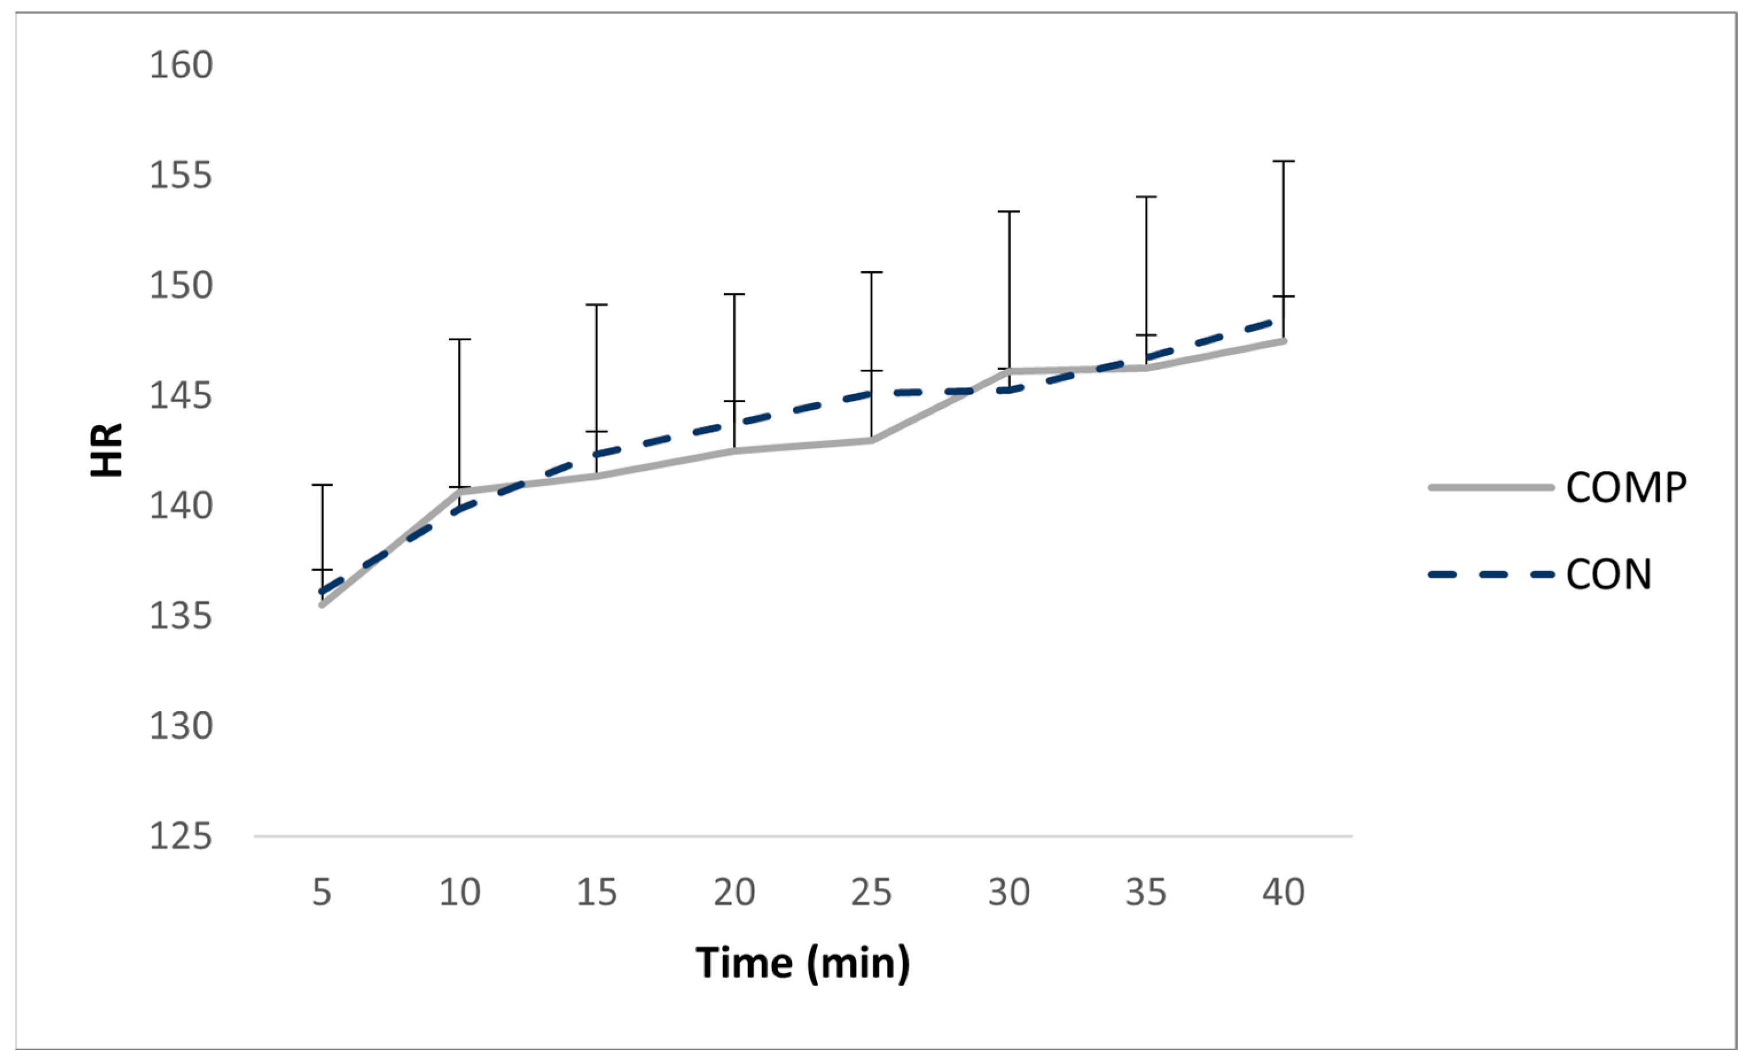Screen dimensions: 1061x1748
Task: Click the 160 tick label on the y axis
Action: [x=181, y=65]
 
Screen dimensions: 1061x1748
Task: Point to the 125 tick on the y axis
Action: [x=181, y=836]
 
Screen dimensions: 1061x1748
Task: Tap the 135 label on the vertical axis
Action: [x=181, y=615]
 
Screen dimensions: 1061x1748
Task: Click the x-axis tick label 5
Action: [x=322, y=892]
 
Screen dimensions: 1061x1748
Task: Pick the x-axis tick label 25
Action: [x=871, y=892]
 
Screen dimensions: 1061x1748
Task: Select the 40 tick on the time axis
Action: [x=1283, y=892]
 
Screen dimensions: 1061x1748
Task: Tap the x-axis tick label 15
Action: [x=597, y=892]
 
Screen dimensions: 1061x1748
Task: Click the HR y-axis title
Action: [x=107, y=450]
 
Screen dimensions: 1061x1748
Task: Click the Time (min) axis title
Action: [x=803, y=963]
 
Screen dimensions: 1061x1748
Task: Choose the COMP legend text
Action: [x=1626, y=487]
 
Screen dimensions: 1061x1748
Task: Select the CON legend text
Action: [x=1609, y=574]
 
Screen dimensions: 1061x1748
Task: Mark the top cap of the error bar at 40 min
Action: [x=1283, y=162]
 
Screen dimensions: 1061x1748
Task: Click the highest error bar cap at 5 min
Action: [x=322, y=485]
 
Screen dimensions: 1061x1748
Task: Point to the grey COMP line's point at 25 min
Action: [x=871, y=440]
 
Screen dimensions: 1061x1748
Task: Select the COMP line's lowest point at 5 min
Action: [x=322, y=604]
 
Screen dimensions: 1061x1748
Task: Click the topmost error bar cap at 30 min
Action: [x=1009, y=212]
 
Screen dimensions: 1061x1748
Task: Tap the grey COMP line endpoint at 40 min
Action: [x=1283, y=341]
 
